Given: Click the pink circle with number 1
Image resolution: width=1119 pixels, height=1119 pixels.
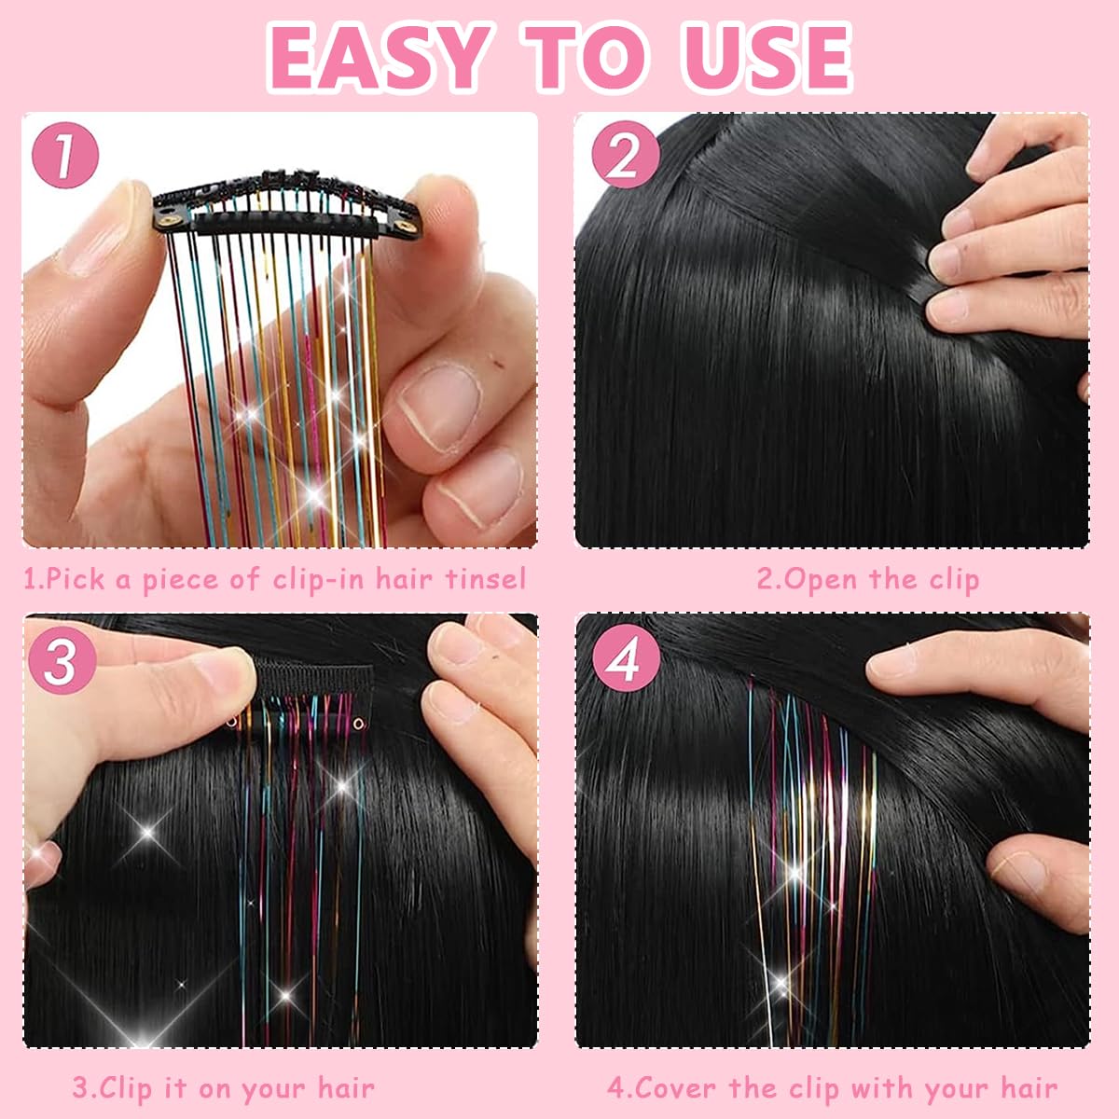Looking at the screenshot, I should click(65, 156).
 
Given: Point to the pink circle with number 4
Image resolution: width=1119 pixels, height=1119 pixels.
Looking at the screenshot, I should click(625, 660).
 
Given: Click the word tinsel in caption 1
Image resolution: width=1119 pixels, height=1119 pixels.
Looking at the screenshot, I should click(485, 579).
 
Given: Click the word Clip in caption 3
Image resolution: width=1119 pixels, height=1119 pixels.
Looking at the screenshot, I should click(125, 1087).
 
